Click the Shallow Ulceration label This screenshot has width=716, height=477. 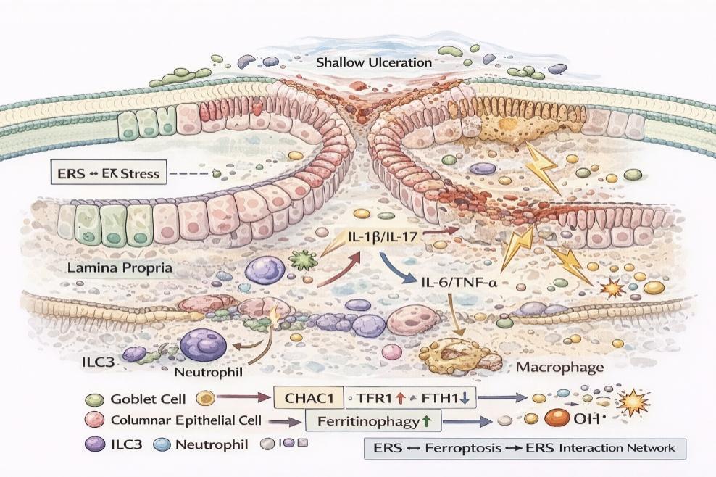pyautogui.click(x=374, y=62)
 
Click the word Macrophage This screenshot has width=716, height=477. pyautogui.click(x=559, y=367)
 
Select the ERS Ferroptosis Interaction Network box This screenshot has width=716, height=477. pyautogui.click(x=524, y=448)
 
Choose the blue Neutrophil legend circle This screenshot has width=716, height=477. pyautogui.click(x=162, y=444)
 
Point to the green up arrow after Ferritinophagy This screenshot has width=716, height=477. pyautogui.click(x=425, y=420)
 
